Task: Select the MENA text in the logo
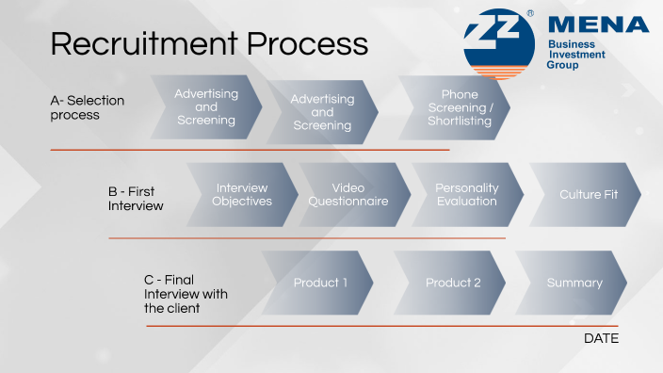click(598, 25)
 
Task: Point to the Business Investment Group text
click(576, 55)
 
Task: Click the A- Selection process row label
click(88, 107)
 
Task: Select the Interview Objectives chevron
click(242, 195)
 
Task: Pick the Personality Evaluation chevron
click(466, 195)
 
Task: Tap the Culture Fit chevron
click(586, 195)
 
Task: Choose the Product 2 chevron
click(453, 283)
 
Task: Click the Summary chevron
click(574, 283)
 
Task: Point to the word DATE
click(601, 338)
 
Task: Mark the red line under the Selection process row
click(250, 150)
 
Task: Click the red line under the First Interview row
click(307, 238)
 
